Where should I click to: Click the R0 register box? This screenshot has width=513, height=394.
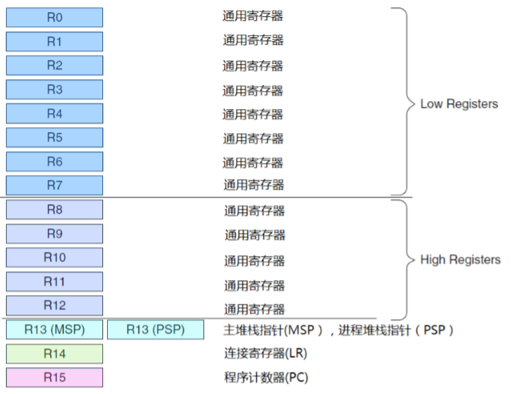point(55,18)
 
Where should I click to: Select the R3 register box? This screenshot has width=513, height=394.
point(55,90)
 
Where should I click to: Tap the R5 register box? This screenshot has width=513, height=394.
point(55,137)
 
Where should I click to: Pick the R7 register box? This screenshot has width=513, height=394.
point(55,185)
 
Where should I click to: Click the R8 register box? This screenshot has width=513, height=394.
point(55,209)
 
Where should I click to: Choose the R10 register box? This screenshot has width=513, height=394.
point(55,257)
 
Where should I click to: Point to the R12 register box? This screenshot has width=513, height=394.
point(55,305)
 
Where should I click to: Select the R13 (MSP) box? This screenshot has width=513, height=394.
point(55,330)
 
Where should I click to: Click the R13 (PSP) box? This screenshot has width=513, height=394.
point(156,330)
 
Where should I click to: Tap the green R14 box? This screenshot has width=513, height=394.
point(55,354)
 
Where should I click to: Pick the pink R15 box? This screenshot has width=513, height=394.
point(55,377)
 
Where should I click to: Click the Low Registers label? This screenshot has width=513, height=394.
point(459,104)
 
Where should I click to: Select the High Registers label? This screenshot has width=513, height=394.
point(460,259)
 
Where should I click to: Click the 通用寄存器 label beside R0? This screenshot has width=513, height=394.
point(252,15)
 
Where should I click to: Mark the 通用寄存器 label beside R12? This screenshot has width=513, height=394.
point(254,309)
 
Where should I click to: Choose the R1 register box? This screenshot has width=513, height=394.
point(55,42)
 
